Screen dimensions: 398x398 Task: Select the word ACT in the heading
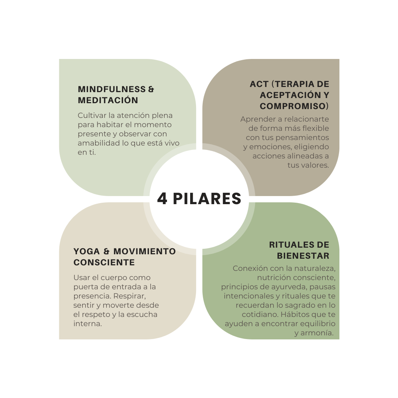[259, 84]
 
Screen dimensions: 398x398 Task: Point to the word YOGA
[87, 251]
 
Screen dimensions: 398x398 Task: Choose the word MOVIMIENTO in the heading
[144, 251]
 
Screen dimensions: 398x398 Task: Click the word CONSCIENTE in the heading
[104, 262]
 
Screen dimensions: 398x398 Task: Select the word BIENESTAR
[303, 256]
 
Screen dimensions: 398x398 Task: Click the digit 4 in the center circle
[163, 199]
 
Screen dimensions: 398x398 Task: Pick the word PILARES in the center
[207, 199]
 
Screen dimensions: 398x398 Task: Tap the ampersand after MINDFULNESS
[151, 89]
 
